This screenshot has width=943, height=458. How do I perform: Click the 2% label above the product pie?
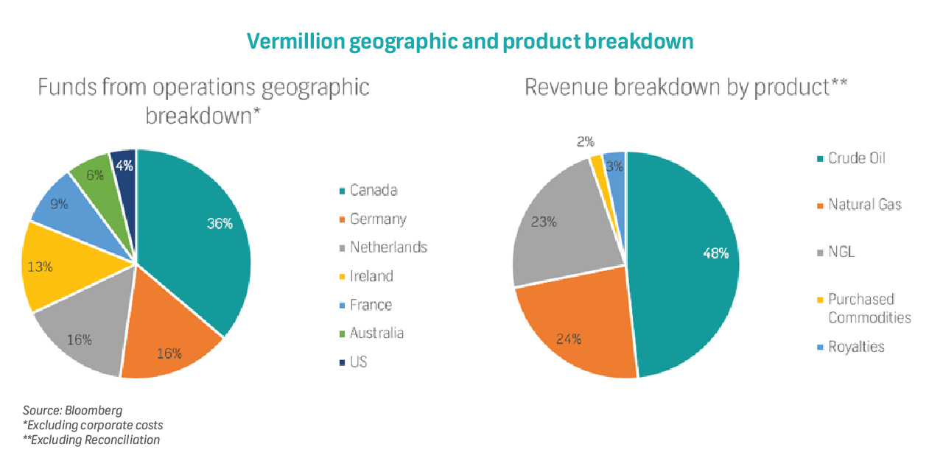586,142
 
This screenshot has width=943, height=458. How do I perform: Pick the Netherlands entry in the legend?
388,247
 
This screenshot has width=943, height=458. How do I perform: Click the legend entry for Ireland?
371,276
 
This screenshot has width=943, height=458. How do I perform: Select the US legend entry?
358,362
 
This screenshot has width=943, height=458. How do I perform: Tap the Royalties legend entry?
856,347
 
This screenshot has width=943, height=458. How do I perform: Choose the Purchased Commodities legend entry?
869,309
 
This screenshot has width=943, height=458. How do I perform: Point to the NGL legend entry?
841,252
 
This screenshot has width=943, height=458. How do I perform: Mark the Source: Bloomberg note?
72,410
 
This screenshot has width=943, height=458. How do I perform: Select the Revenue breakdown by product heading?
685,87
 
